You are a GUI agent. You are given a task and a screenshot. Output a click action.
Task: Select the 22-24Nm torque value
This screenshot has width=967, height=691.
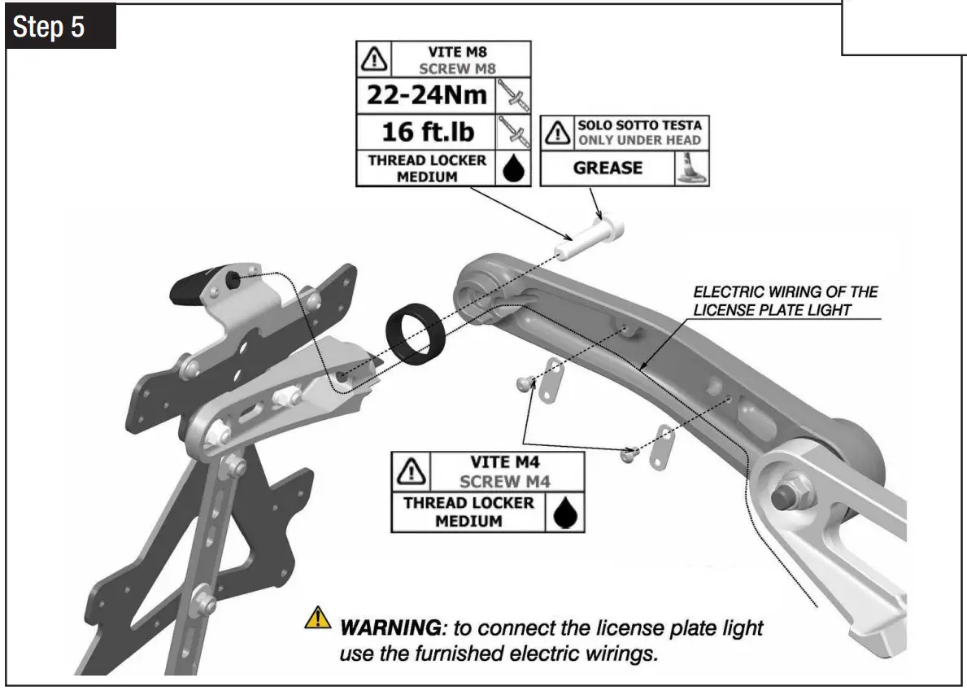coord(427,96)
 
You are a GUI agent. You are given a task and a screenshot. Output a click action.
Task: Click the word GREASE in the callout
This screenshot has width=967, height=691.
coord(608,168)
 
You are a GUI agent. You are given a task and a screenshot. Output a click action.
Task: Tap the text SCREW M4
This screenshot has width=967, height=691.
coord(504,481)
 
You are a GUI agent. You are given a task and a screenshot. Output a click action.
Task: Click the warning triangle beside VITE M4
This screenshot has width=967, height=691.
coord(414,471)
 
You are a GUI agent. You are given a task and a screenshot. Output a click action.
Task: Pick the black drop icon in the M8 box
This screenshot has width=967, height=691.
coord(514,168)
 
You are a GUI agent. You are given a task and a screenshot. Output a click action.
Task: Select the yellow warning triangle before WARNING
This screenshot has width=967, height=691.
coord(317,620)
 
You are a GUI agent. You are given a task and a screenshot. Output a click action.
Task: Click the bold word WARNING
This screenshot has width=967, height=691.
coord(390,628)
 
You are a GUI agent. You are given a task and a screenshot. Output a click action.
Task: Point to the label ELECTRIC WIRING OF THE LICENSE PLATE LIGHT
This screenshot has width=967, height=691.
coord(784,300)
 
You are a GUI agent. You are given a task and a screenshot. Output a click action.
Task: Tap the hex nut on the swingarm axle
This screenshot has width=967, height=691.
coord(784,491)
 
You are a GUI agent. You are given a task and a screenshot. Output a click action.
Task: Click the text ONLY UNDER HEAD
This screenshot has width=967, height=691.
coord(638,141)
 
